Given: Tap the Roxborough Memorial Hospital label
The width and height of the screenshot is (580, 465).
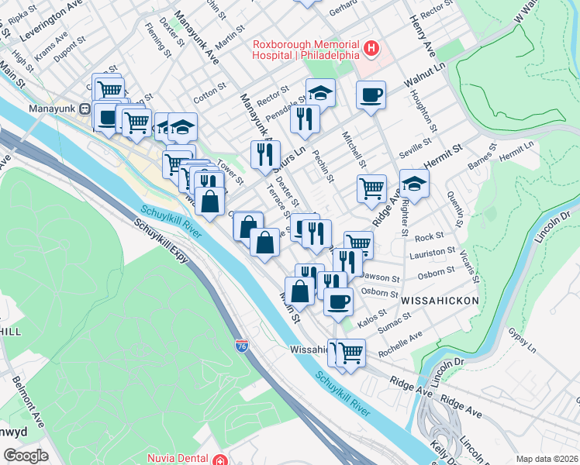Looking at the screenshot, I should [306, 50].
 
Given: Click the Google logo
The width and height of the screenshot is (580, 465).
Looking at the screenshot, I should [26, 456].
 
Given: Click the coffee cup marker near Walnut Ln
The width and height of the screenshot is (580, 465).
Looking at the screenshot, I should [371, 94].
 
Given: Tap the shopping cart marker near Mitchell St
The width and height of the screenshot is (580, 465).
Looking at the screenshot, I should [372, 187].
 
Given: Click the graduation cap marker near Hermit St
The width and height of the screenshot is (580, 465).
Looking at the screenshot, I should [414, 184].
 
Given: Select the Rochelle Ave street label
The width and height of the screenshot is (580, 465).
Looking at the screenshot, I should [400, 346].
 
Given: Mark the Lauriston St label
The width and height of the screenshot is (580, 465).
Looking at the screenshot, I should [434, 253].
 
